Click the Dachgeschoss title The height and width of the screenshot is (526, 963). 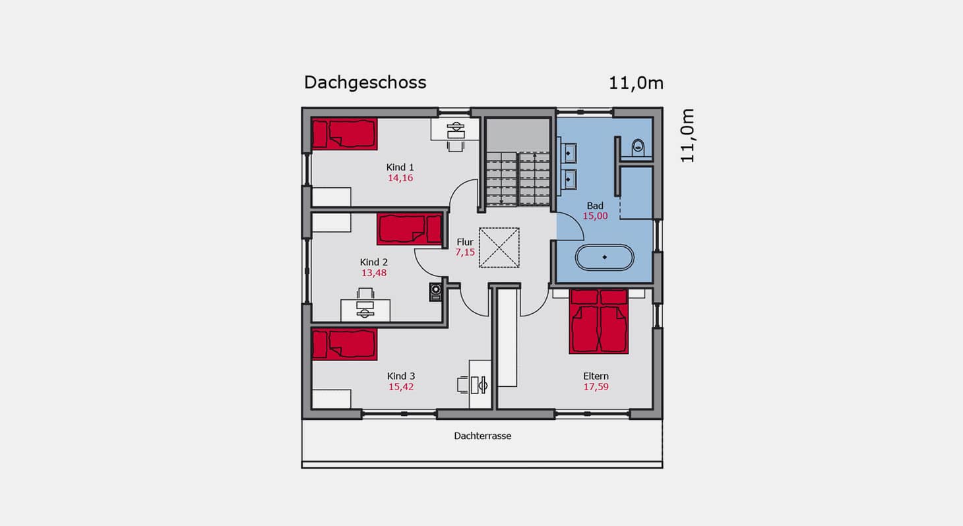(365, 82)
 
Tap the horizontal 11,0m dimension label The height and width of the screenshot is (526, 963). (636, 83)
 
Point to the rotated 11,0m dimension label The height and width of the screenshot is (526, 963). (687, 136)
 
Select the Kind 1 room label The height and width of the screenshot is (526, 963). (400, 167)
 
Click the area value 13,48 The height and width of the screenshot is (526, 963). (373, 273)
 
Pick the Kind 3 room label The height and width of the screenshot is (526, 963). (400, 376)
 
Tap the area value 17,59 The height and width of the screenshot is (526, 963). (596, 387)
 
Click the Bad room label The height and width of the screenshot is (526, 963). (595, 206)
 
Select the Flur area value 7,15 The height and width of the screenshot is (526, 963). (465, 252)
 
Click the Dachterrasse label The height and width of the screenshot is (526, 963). (482, 436)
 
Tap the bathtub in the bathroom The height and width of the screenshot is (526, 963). (604, 258)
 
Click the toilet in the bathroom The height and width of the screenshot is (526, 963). (638, 148)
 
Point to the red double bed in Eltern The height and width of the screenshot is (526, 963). (599, 322)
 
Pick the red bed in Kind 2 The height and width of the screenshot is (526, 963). (410, 229)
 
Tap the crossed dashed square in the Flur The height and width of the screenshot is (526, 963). (499, 248)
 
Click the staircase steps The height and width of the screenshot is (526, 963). (518, 179)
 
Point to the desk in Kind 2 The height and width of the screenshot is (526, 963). (365, 310)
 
